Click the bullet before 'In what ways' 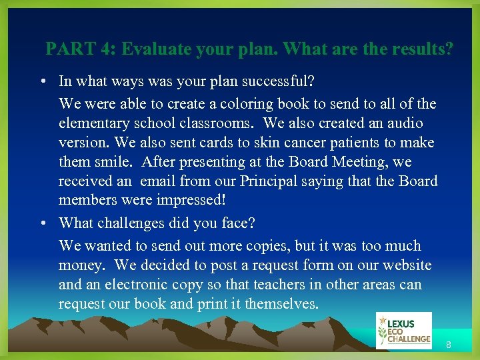pyautogui.click(x=42, y=81)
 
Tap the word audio pyautogui.click(x=404, y=123)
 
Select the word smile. pyautogui.click(x=114, y=162)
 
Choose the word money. pyautogui.click(x=81, y=265)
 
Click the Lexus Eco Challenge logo pyautogui.click(x=403, y=331)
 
